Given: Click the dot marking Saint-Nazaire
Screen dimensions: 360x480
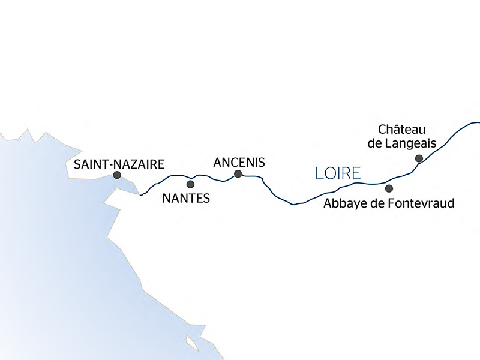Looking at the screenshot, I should click(117, 175).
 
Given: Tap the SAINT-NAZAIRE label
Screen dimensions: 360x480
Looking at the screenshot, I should click(118, 163).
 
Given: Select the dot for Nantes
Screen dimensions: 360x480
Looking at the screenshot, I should click(191, 184).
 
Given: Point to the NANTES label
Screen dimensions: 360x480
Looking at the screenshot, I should click(187, 198).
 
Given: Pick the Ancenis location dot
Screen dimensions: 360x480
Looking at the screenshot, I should click(238, 174).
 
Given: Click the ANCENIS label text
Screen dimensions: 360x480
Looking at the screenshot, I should click(239, 161).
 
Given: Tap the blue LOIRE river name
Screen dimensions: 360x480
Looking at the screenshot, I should click(338, 174).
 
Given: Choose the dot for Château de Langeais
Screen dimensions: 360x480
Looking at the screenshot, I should click(419, 158).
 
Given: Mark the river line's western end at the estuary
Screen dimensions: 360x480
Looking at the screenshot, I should click(140, 195).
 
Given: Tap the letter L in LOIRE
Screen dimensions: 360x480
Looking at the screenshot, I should click(319, 174).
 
